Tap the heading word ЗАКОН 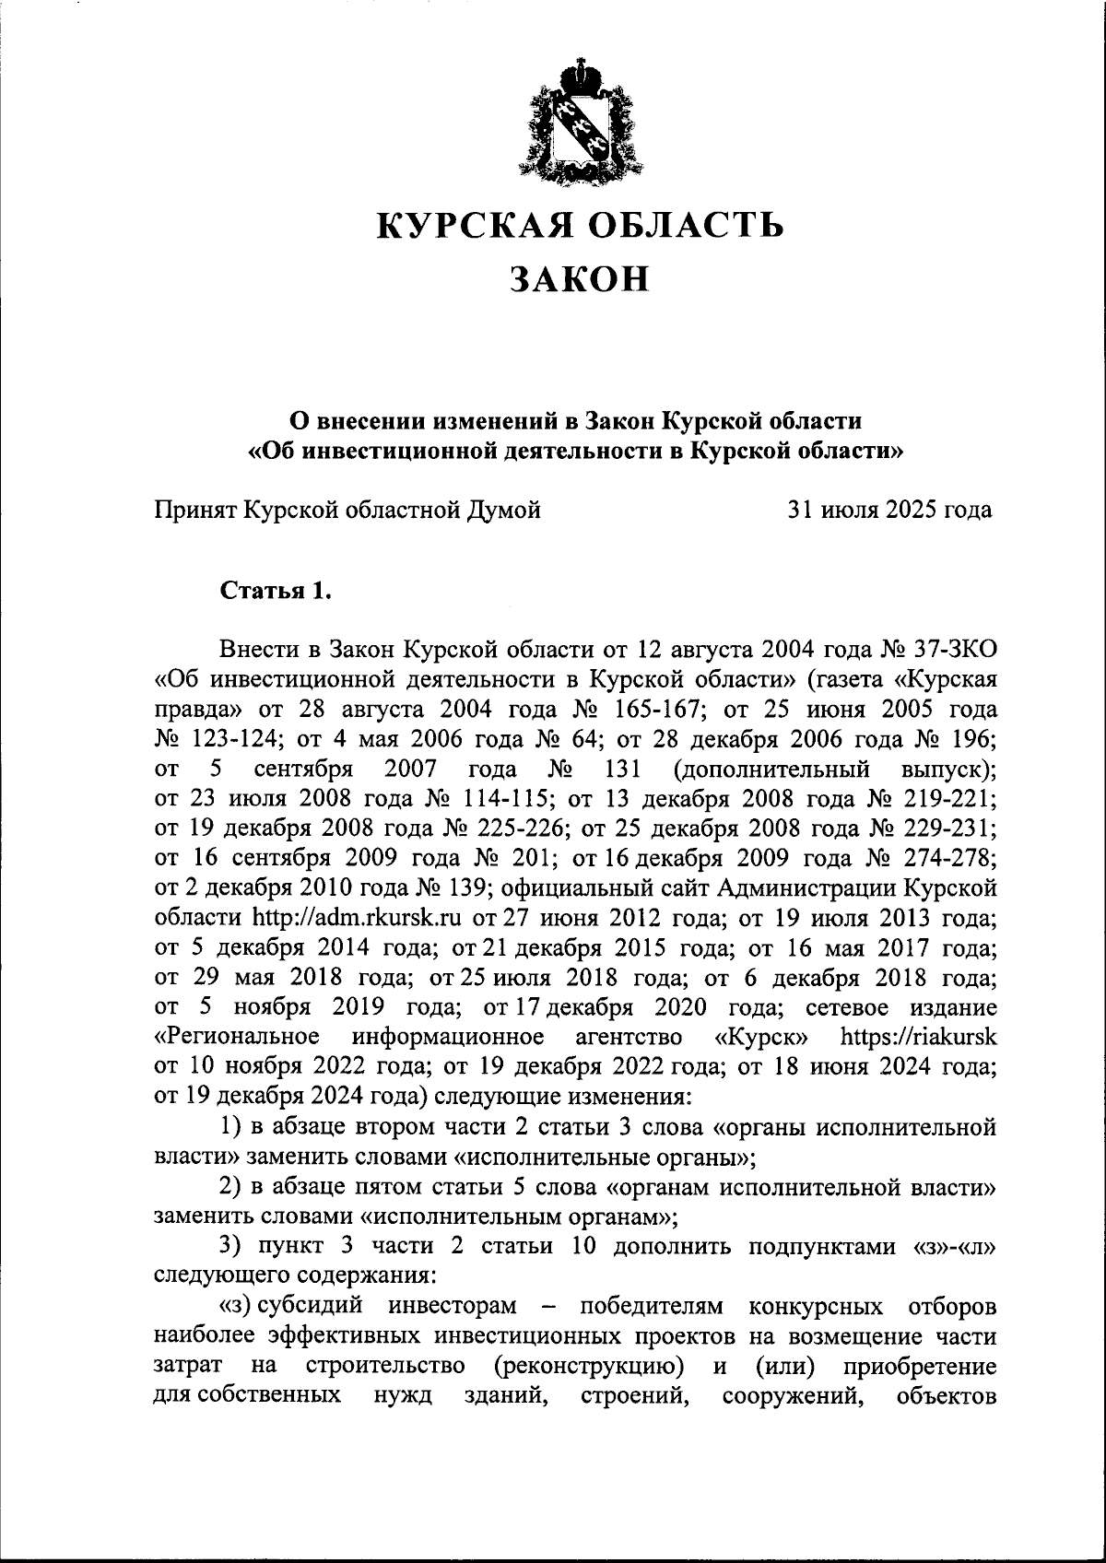[581, 278]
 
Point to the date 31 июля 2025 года [889, 509]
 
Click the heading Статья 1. [275, 590]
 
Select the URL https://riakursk [918, 1037]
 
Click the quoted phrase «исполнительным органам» [519, 1216]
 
